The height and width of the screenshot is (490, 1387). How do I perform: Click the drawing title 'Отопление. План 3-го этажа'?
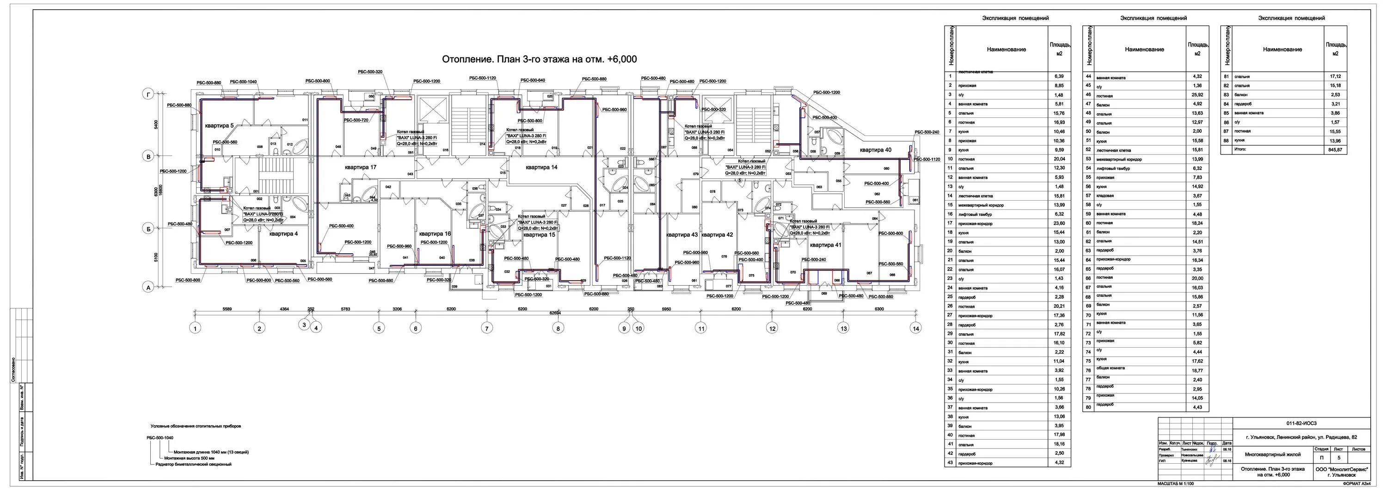pyautogui.click(x=539, y=59)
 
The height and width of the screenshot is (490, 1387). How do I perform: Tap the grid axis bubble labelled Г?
pyautogui.click(x=148, y=94)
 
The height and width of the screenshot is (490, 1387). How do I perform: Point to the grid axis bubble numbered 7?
pyautogui.click(x=487, y=328)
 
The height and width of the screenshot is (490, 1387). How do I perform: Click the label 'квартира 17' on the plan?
pyautogui.click(x=361, y=167)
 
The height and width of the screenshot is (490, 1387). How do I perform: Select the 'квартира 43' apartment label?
pyautogui.click(x=681, y=235)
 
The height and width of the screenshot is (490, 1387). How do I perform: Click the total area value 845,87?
pyautogui.click(x=1335, y=150)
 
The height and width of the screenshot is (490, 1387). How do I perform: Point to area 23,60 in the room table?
pyautogui.click(x=1060, y=223)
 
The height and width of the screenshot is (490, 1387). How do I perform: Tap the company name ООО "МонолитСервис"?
pyautogui.click(x=1341, y=470)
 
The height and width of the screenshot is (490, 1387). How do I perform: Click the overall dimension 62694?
pyautogui.click(x=555, y=313)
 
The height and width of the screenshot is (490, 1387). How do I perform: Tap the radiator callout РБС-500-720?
pyautogui.click(x=356, y=120)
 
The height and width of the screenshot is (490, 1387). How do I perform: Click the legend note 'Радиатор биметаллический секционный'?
pyautogui.click(x=193, y=464)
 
